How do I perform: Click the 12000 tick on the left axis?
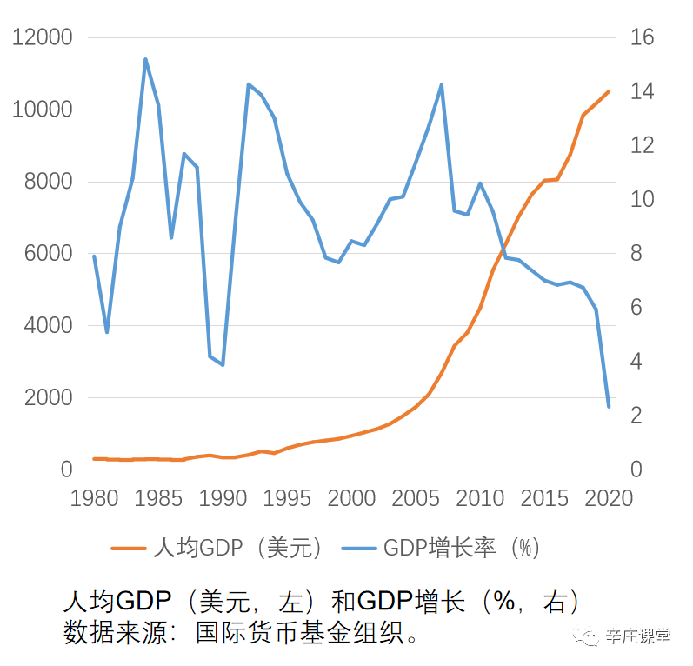coord(40,38)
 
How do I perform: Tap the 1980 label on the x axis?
coord(94,497)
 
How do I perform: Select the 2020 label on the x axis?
coord(608,497)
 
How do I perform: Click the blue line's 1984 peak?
coord(145,59)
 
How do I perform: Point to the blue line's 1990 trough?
coord(223,365)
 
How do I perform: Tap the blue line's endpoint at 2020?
coord(609,406)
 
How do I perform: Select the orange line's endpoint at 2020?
coord(609,90)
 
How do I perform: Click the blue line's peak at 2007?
coord(442,85)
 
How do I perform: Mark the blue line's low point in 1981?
coord(107,332)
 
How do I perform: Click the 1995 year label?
coord(287,497)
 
